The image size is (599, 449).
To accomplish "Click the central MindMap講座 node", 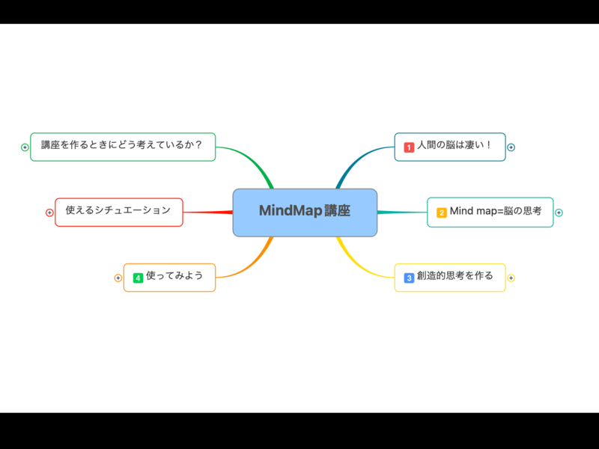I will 305,213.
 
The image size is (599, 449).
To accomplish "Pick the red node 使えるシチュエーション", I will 118,212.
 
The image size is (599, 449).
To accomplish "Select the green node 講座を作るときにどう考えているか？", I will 123,147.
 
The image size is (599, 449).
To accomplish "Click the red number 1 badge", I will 409,147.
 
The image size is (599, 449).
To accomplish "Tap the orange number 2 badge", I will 442,213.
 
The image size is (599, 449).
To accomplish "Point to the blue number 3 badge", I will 409,278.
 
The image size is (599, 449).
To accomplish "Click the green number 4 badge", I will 138,278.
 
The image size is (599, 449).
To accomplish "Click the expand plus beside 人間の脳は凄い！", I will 511,147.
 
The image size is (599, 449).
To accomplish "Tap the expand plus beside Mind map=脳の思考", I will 559,213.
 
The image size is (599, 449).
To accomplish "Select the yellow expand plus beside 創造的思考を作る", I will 511,278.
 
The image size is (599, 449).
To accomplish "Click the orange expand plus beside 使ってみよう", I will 118,278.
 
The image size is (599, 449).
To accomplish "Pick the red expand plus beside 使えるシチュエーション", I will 49,213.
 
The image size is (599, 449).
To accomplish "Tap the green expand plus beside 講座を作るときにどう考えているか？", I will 25,147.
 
